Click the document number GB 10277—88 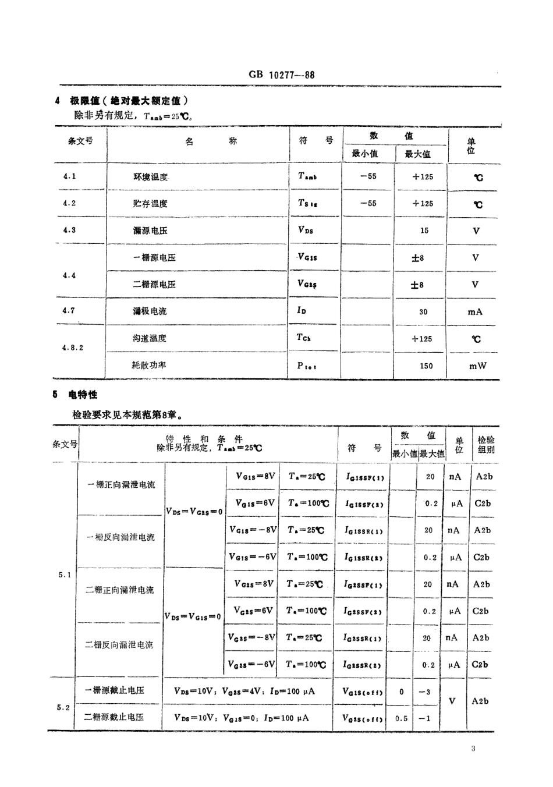click(x=281, y=75)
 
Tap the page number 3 click(x=473, y=748)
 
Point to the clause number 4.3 click(x=69, y=230)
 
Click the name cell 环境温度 click(x=150, y=177)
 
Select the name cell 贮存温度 click(x=150, y=204)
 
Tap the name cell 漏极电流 click(x=150, y=311)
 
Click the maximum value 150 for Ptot click(x=426, y=366)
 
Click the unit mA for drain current click(x=475, y=311)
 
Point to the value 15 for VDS click(x=424, y=231)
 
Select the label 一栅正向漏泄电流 click(x=121, y=484)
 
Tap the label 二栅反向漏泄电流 click(x=119, y=644)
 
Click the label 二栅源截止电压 click(x=114, y=717)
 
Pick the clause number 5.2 click(x=63, y=707)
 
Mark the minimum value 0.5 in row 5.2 click(x=402, y=718)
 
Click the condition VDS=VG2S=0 click(x=194, y=512)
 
